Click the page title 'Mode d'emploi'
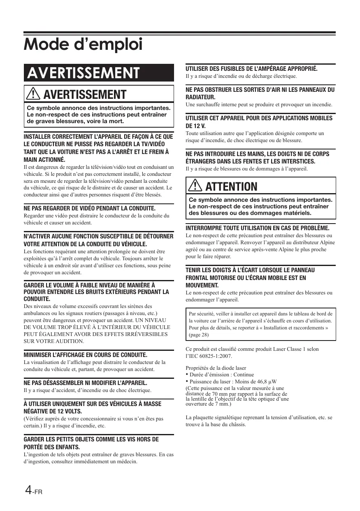[x=83, y=44]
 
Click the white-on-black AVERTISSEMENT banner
[x=83, y=73]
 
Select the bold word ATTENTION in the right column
[x=231, y=187]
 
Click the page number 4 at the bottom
[x=28, y=490]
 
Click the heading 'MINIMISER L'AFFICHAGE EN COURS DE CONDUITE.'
[x=86, y=355]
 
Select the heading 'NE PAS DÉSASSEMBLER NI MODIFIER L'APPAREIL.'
[x=86, y=383]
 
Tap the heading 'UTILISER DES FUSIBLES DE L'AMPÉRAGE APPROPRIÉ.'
[x=252, y=69]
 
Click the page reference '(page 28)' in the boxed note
[x=199, y=335]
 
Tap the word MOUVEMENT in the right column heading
[x=202, y=285]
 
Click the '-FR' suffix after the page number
[x=38, y=492]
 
